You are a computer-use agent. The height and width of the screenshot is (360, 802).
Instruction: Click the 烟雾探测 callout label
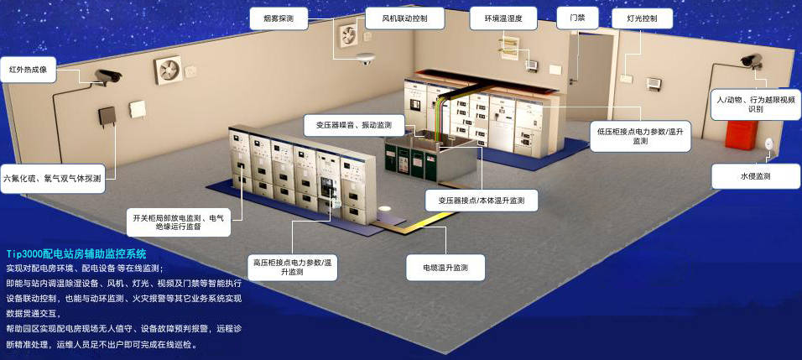tap(279, 19)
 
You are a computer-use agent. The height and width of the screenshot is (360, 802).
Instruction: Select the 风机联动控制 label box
tap(404, 19)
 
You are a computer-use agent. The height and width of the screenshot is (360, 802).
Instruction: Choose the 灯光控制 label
tap(642, 19)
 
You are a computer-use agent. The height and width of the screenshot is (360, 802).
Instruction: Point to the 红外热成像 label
tap(29, 69)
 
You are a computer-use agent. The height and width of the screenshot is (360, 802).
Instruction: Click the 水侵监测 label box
tap(756, 177)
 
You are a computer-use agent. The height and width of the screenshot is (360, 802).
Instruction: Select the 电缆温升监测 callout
tap(445, 268)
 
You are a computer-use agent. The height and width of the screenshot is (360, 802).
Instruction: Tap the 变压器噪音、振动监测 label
tap(354, 126)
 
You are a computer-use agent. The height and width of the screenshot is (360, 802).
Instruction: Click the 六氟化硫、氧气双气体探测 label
tap(53, 179)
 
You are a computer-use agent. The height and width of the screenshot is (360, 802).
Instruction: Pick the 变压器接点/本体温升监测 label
tap(482, 200)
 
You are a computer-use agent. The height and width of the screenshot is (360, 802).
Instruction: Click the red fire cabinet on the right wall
tap(740, 135)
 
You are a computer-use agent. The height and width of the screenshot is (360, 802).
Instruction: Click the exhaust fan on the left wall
tap(168, 70)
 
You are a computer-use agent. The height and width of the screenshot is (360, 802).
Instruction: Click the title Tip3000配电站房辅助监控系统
tap(76, 253)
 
